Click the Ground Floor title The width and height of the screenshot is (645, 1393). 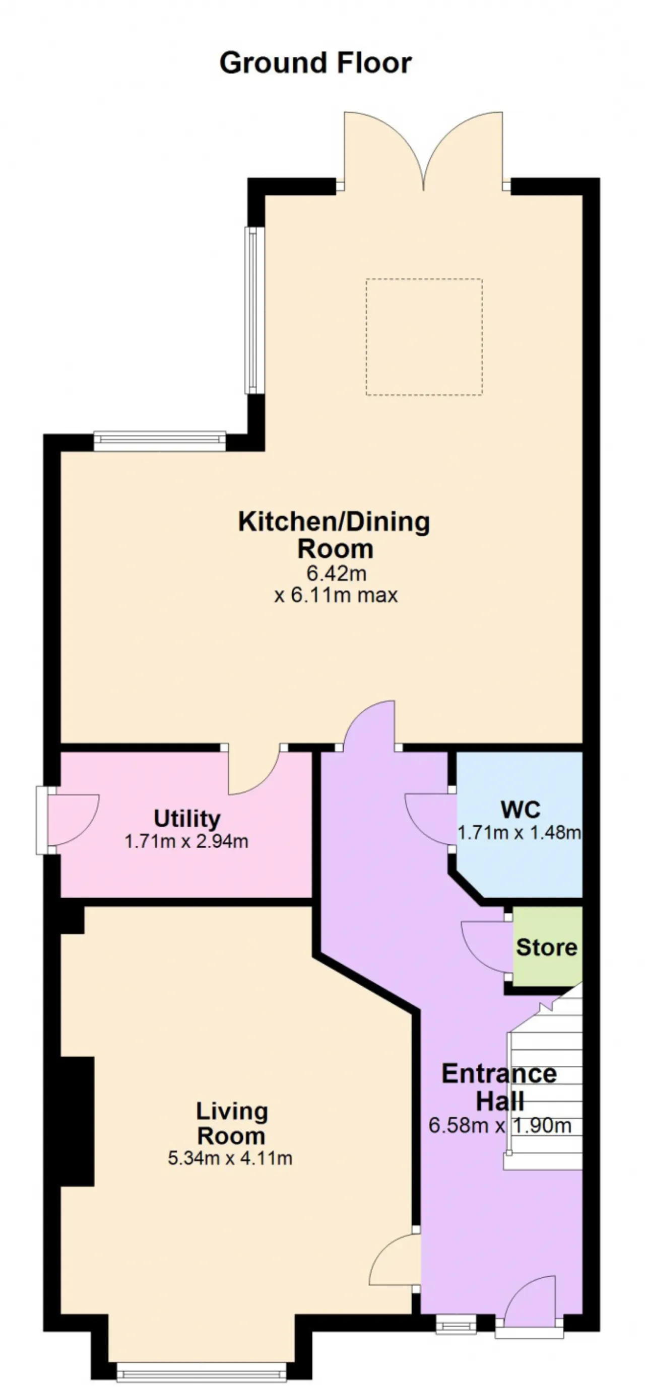coord(315,63)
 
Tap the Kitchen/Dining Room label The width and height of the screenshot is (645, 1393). coord(335,535)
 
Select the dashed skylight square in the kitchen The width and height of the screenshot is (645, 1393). coord(424,337)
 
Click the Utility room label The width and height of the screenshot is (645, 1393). coord(187,819)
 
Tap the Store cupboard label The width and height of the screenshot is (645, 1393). coord(547,947)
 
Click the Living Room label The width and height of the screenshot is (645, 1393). coord(232,1124)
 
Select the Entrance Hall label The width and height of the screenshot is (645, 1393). coord(499,1086)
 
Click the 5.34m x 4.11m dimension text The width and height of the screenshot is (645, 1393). coord(230,1159)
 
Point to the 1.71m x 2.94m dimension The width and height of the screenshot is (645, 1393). coord(186,841)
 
